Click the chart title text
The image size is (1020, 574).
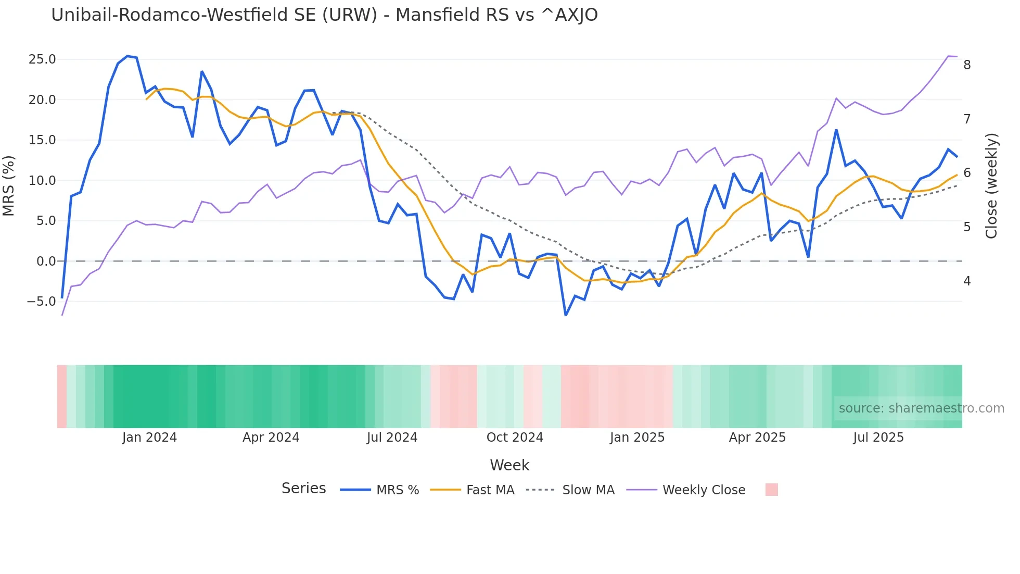click(324, 15)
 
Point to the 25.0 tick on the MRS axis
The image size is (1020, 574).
click(42, 59)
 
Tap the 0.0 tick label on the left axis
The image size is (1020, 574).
click(46, 261)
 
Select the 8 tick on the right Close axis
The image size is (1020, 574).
click(967, 65)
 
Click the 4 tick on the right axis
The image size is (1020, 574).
click(967, 281)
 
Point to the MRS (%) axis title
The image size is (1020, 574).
click(9, 185)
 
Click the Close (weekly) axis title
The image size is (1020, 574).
click(991, 186)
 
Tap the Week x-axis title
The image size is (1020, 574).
click(509, 465)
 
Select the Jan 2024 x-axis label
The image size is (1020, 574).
click(149, 438)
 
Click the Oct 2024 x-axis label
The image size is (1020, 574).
click(514, 438)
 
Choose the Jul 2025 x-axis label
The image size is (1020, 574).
click(878, 438)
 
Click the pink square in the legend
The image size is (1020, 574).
click(771, 490)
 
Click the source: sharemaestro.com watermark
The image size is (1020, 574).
click(921, 408)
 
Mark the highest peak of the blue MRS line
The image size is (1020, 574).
click(127, 56)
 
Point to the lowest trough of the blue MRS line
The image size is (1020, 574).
click(566, 315)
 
